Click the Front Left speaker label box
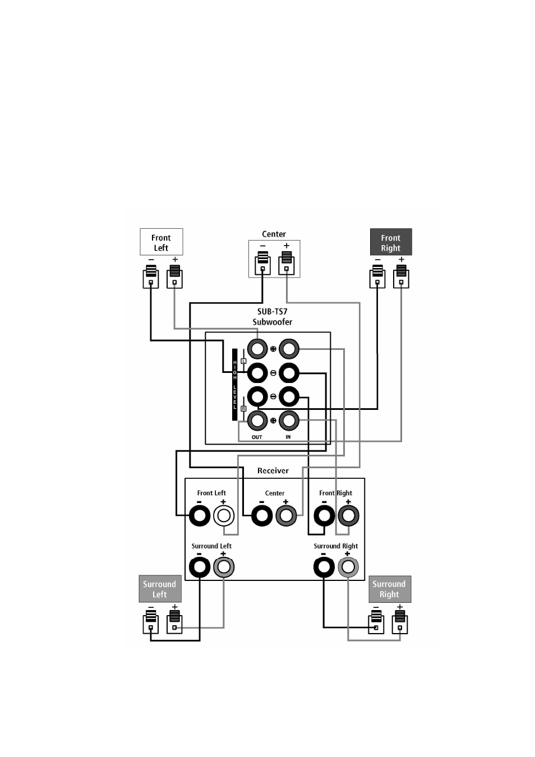[x=161, y=242]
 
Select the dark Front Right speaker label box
[x=391, y=242]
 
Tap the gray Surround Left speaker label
[x=160, y=589]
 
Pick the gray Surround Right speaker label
[x=390, y=589]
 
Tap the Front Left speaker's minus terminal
[x=151, y=276]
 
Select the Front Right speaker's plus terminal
[x=401, y=276]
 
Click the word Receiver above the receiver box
[x=273, y=471]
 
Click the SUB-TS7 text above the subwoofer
[x=273, y=311]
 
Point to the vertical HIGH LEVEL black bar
[x=234, y=385]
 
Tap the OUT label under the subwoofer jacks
[x=257, y=437]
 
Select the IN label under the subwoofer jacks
[x=288, y=437]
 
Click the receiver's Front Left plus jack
[x=224, y=516]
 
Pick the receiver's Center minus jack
[x=262, y=516]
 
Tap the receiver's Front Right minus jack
[x=324, y=516]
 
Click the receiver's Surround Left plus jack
[x=224, y=567]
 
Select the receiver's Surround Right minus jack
[x=324, y=567]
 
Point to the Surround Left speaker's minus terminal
[x=151, y=622]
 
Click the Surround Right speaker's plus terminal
[x=400, y=622]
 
